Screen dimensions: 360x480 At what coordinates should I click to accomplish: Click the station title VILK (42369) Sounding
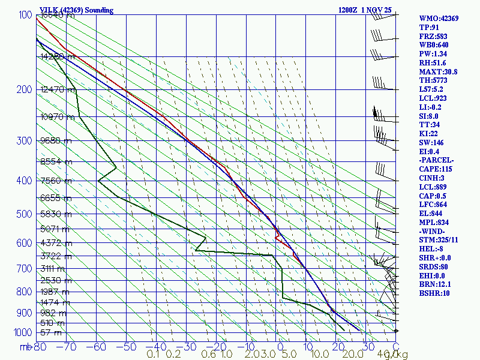[79, 10]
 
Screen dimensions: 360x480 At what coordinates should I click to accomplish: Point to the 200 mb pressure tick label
[24, 90]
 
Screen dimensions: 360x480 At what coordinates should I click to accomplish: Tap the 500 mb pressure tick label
[24, 214]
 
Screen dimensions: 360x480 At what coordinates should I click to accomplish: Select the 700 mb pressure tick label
[24, 269]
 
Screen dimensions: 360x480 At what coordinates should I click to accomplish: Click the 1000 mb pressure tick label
[22, 332]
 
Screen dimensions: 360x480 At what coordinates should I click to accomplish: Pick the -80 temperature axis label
[40, 346]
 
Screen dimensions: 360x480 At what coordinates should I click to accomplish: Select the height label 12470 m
[58, 89]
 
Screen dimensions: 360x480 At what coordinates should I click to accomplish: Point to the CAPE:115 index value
[436, 169]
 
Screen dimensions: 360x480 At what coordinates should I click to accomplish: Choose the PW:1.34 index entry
[432, 54]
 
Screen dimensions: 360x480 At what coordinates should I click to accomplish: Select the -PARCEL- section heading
[436, 160]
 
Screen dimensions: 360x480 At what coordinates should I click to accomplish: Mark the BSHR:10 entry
[433, 293]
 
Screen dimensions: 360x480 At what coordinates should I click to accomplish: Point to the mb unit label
[25, 346]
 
